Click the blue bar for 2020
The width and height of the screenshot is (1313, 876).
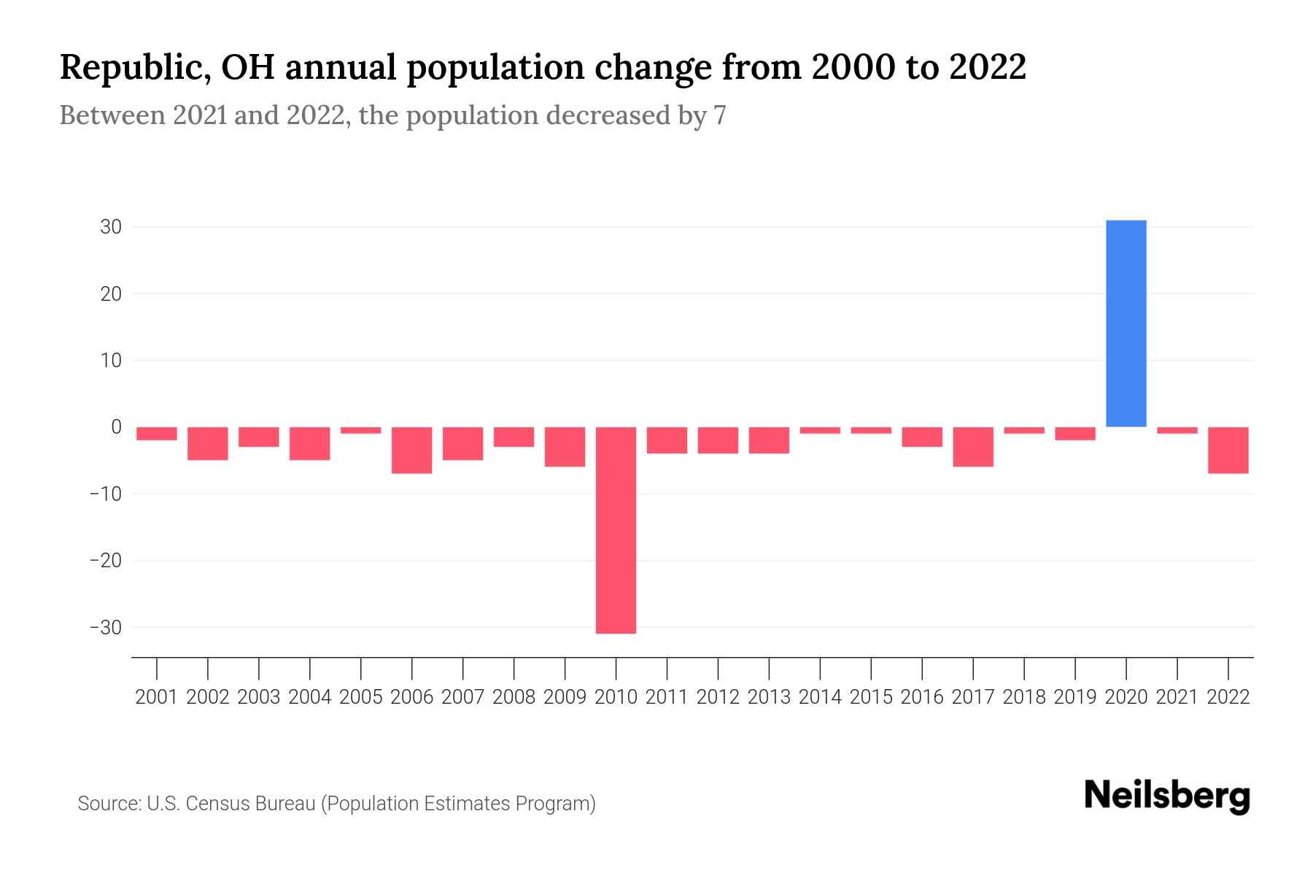pos(1126,323)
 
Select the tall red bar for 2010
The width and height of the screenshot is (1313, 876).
pos(616,530)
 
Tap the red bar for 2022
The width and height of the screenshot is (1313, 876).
pos(1228,450)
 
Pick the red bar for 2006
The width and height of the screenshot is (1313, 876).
pos(411,450)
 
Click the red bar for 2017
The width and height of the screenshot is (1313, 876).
pos(972,447)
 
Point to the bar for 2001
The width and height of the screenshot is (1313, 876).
pos(156,434)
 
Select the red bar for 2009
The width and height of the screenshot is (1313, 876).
pos(565,447)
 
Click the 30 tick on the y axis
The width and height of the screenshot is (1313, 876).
pos(111,227)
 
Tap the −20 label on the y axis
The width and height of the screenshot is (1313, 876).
pos(105,561)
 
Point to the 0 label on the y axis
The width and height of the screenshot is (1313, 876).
pos(116,427)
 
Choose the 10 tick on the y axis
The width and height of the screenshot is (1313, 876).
pos(111,361)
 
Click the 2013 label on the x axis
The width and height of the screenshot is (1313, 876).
pos(768,697)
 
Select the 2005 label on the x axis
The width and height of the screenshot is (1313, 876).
pos(360,697)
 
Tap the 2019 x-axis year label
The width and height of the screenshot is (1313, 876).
pos(1074,697)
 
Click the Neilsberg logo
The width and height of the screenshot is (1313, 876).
pos(1167,796)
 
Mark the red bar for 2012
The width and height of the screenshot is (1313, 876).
pos(718,440)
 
